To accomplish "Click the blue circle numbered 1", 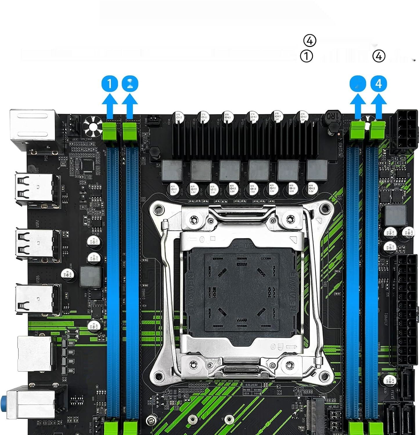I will click(x=110, y=84).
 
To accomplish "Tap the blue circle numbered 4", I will click(x=379, y=84).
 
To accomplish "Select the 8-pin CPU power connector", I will click(x=404, y=132).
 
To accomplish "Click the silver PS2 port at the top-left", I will click(x=33, y=128).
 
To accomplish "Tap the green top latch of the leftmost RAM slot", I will click(x=109, y=130).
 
